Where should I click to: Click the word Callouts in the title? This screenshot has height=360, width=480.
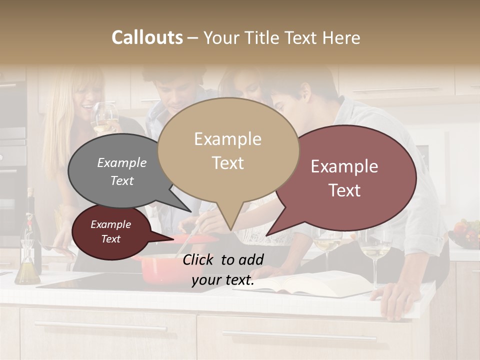147,37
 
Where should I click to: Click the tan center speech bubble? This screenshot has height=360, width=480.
228,150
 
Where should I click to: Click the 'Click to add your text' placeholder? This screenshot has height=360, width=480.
223,270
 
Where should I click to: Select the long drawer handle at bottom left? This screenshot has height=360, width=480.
100,327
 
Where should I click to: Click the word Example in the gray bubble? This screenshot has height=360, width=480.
122,163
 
